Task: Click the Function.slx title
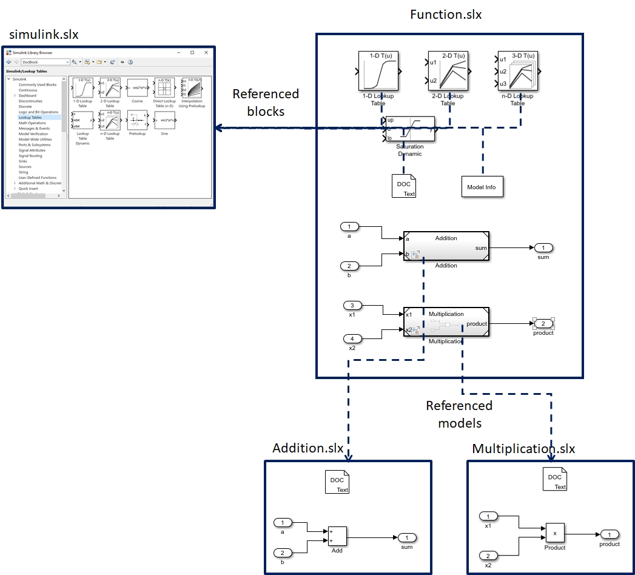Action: click(x=446, y=15)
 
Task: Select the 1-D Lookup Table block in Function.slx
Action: click(x=378, y=72)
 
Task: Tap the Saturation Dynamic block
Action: click(x=411, y=129)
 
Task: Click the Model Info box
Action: click(x=482, y=187)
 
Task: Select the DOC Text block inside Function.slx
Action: click(x=404, y=185)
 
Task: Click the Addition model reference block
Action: click(x=446, y=246)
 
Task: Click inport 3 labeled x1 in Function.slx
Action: click(x=352, y=306)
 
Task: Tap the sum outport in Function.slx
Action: click(x=543, y=247)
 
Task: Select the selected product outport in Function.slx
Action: click(x=543, y=323)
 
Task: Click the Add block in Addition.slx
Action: click(x=337, y=536)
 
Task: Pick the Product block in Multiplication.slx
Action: click(x=554, y=533)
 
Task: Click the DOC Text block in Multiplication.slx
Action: click(x=554, y=480)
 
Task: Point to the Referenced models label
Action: click(x=459, y=413)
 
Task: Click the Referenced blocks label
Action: click(x=266, y=103)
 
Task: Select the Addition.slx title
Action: click(x=308, y=448)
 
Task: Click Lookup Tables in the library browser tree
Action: click(x=31, y=118)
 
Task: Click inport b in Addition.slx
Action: click(x=283, y=553)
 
